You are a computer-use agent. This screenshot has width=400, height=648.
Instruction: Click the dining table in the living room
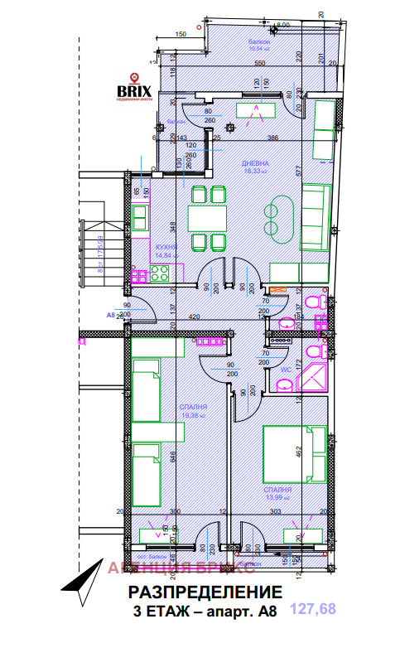(x=207, y=219)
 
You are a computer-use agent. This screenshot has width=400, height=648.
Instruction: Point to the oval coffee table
(x=274, y=216)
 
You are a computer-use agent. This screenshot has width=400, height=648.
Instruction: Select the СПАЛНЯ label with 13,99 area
(x=280, y=492)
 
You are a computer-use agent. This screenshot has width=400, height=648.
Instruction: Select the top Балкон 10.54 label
(x=259, y=43)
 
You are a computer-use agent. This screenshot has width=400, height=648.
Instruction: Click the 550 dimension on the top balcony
(x=259, y=64)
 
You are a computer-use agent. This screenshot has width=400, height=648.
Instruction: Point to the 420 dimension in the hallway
(x=196, y=317)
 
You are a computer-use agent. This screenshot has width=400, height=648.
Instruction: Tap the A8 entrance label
(x=110, y=316)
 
